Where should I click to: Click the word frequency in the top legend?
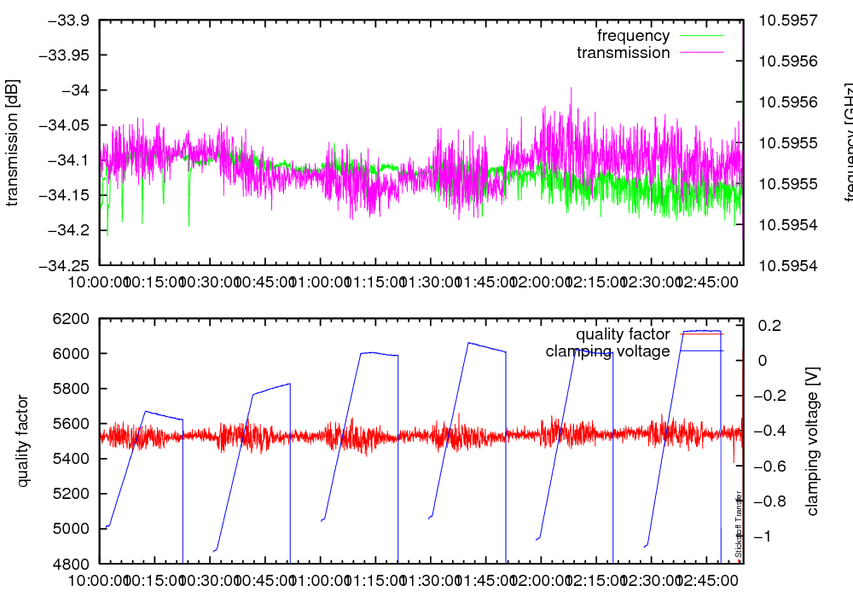[x=633, y=36]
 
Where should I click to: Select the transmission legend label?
[x=624, y=53]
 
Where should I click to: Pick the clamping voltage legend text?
[x=607, y=351]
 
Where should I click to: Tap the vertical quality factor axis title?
[x=23, y=441]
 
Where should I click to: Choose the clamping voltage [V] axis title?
[x=812, y=441]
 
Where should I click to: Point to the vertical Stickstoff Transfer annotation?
[x=739, y=525]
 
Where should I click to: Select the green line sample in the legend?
[x=702, y=36]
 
